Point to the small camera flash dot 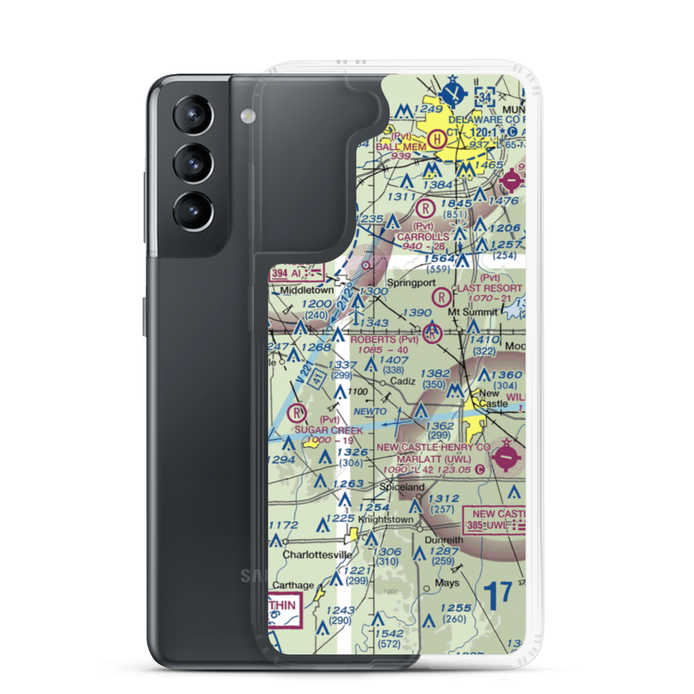(244, 114)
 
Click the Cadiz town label (402, 381)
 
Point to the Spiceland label (401, 487)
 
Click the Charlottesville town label (316, 555)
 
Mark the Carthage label (292, 585)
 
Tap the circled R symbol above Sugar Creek (297, 413)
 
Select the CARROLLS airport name (423, 237)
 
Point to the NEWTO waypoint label (370, 412)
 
